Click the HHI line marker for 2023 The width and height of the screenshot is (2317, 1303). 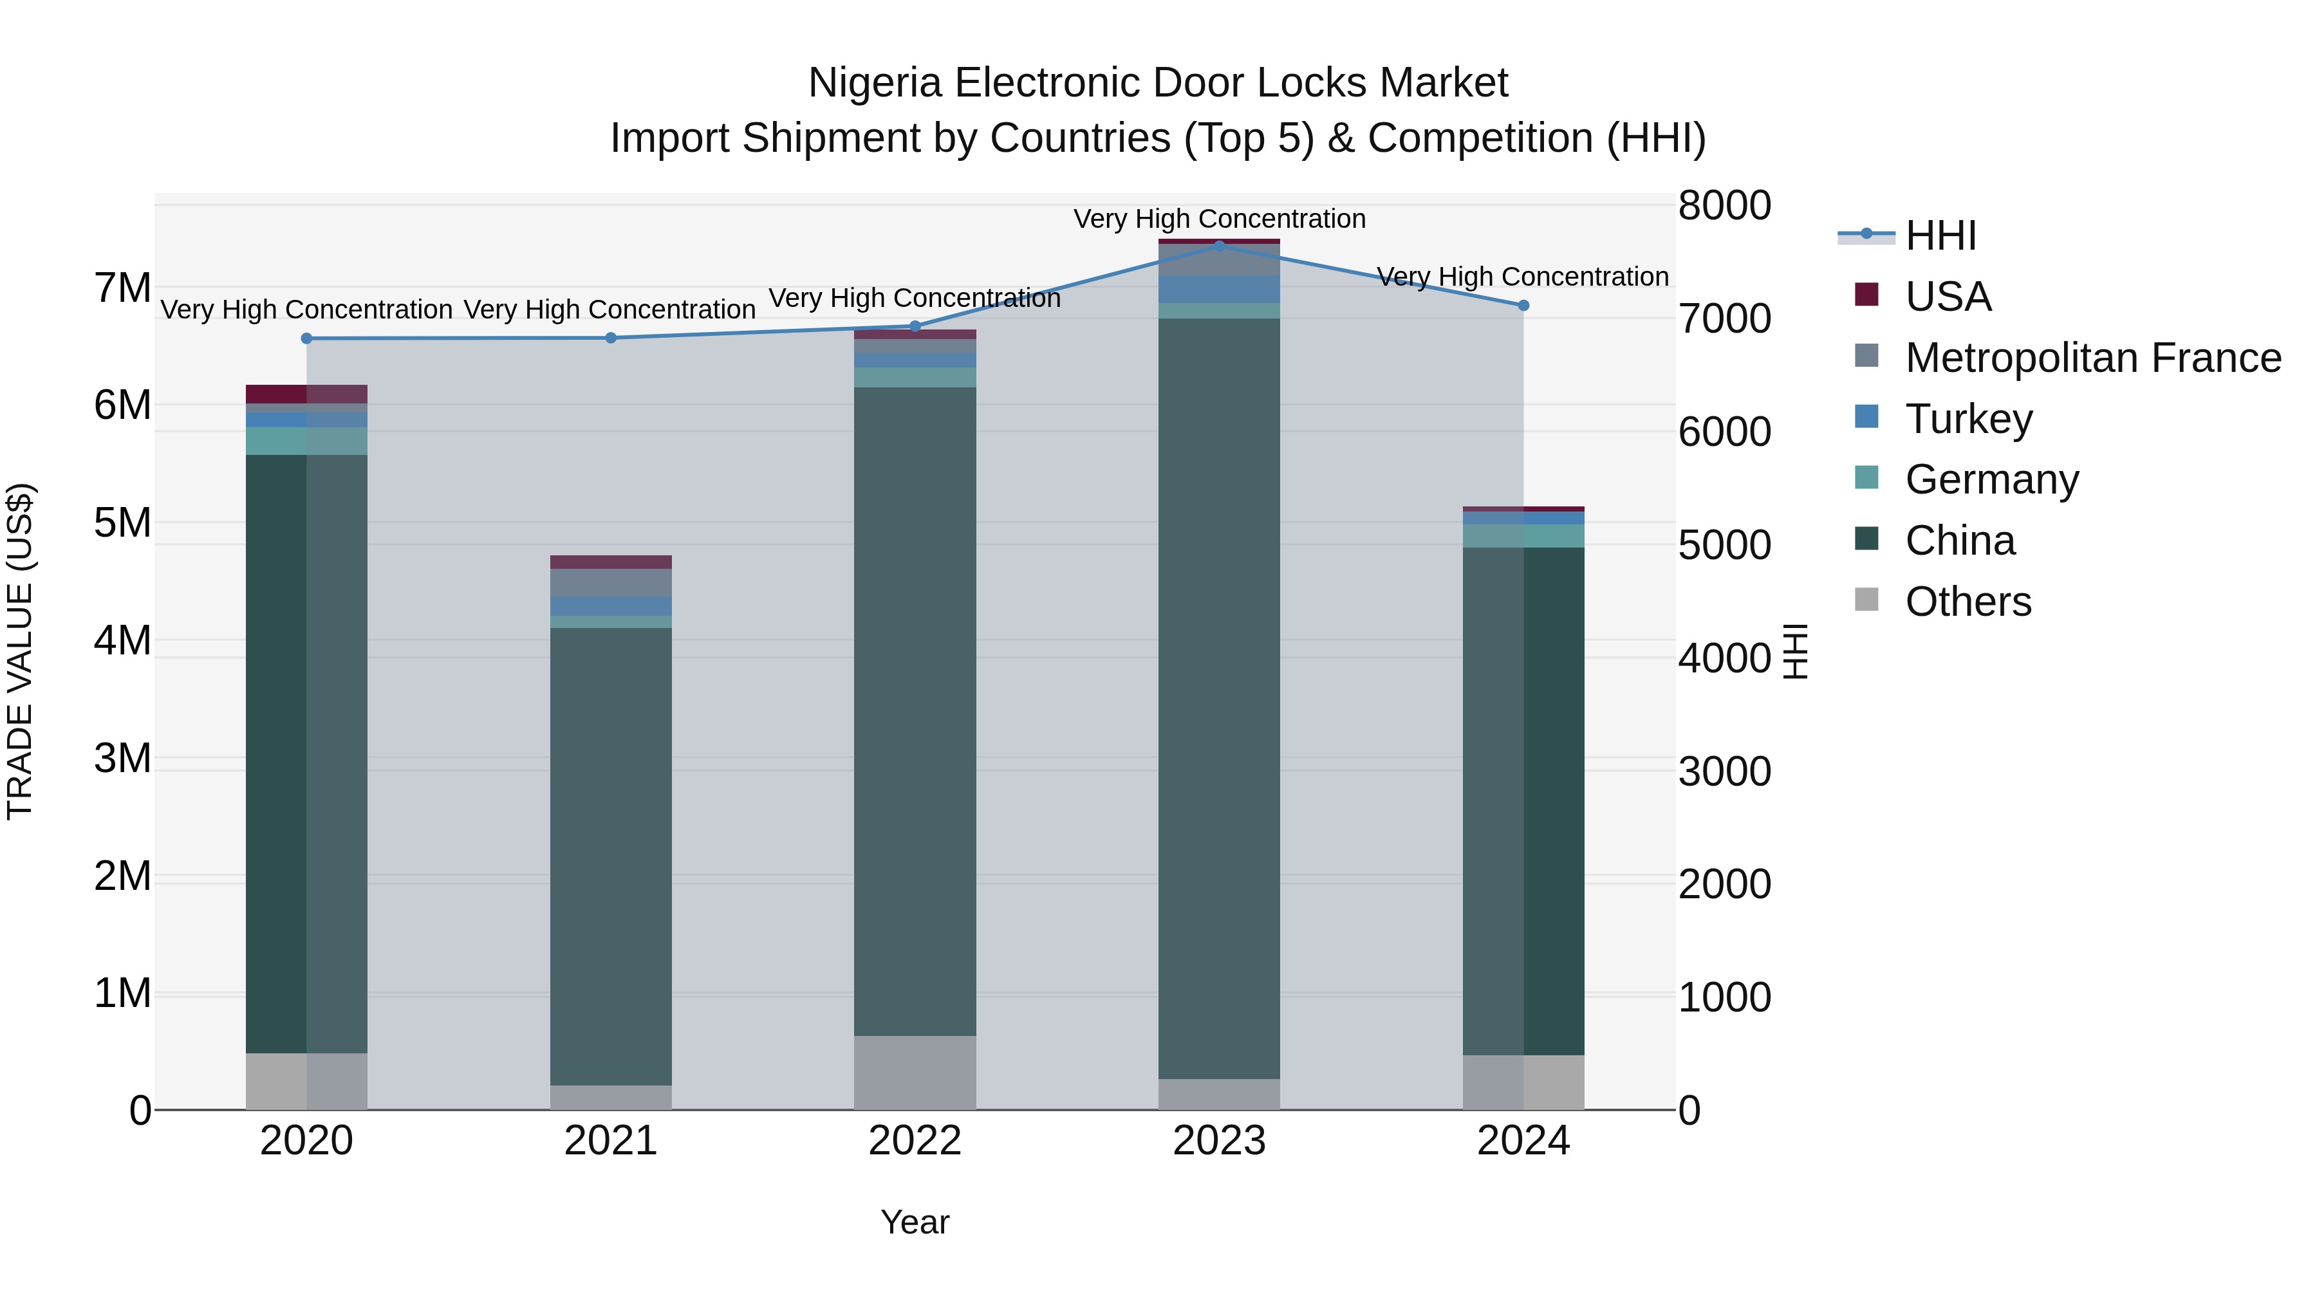point(1219,246)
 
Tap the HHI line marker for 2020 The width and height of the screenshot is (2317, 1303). point(307,338)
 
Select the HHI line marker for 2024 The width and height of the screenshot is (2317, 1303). point(1523,306)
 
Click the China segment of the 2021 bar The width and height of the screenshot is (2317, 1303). point(611,855)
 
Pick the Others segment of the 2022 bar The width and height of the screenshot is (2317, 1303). point(915,1072)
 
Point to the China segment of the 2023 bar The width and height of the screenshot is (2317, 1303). point(1219,697)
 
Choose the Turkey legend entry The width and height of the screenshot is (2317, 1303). point(1968,419)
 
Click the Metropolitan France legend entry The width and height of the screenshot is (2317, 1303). point(2092,358)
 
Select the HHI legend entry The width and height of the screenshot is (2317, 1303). point(1940,236)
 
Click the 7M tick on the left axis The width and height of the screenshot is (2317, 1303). point(122,289)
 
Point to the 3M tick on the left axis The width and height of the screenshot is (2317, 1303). point(122,758)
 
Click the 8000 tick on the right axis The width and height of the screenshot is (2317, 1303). point(1724,205)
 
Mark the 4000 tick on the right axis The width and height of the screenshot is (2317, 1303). point(1724,658)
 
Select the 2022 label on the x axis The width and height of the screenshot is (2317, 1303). point(915,1141)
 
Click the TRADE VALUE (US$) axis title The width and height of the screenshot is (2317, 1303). point(20,651)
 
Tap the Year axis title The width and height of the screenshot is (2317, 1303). point(915,1222)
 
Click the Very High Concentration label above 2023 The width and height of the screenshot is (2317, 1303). point(1219,219)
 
